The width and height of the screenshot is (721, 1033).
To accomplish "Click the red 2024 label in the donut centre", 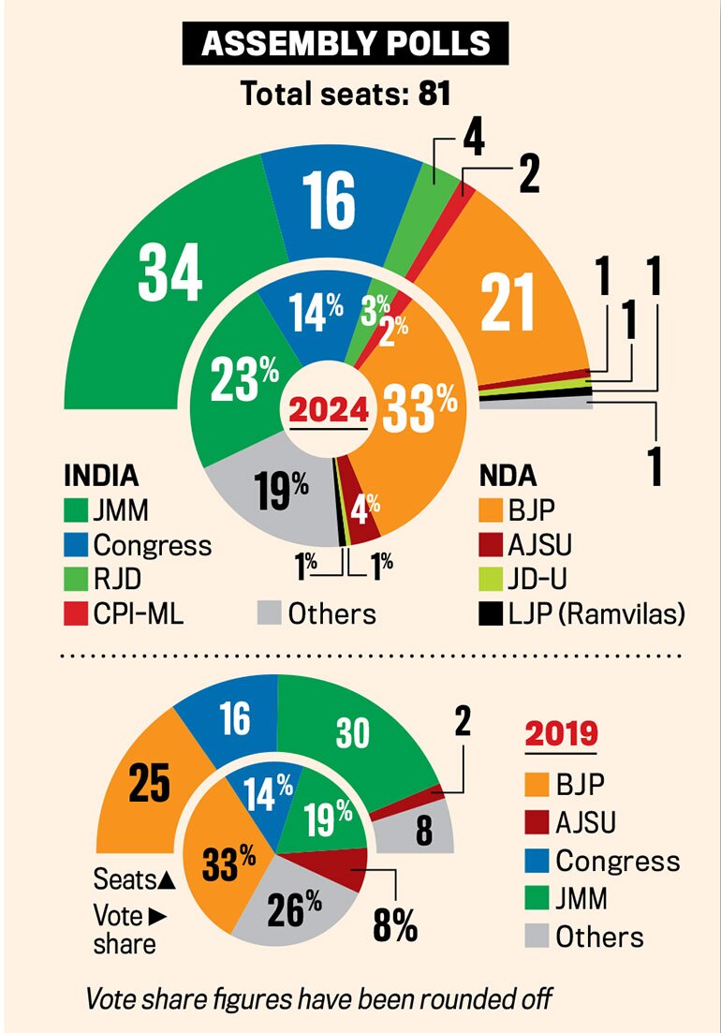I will [329, 410].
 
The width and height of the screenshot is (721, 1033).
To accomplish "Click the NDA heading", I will [507, 475].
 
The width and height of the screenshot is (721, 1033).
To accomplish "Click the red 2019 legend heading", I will [560, 733].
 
